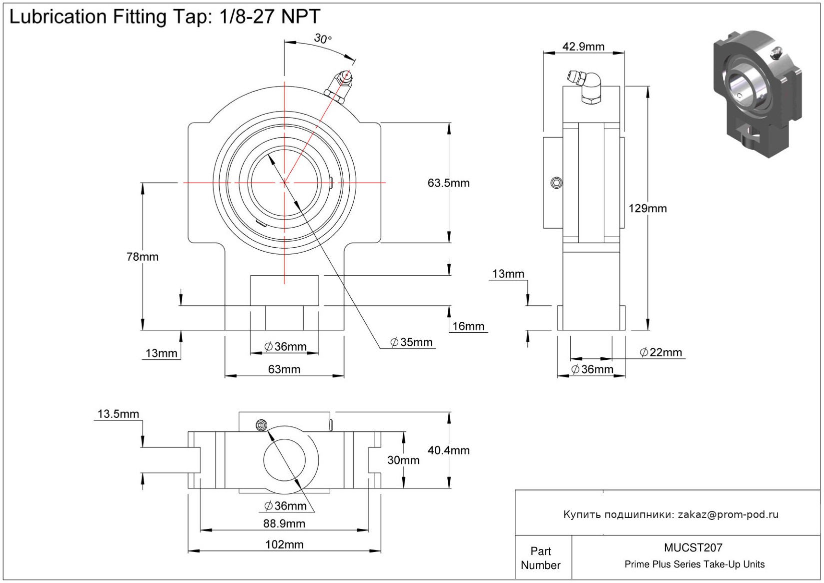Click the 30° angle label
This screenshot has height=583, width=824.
[x=322, y=39]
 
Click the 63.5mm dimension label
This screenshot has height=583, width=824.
[x=448, y=183]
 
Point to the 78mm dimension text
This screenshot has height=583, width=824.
[x=142, y=257]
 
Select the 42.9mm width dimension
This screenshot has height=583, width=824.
[x=583, y=47]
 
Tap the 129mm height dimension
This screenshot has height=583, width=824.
[x=647, y=209]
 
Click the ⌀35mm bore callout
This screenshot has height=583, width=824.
[x=411, y=342]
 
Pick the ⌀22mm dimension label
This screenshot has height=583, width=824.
[x=661, y=352]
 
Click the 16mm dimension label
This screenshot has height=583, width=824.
[x=468, y=326]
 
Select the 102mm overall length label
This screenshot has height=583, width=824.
[x=284, y=544]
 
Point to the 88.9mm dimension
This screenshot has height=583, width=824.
[x=284, y=523]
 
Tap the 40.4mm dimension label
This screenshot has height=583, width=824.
[x=448, y=450]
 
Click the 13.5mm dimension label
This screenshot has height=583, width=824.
[x=118, y=414]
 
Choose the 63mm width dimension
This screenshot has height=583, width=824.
[x=284, y=369]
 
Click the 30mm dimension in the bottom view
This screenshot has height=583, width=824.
[x=403, y=460]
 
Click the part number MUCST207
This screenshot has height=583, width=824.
[x=693, y=547]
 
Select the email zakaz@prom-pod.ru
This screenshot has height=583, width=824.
[x=728, y=514]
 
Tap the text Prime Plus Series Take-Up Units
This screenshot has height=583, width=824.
[x=694, y=564]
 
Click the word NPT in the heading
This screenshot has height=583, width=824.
[x=300, y=17]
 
